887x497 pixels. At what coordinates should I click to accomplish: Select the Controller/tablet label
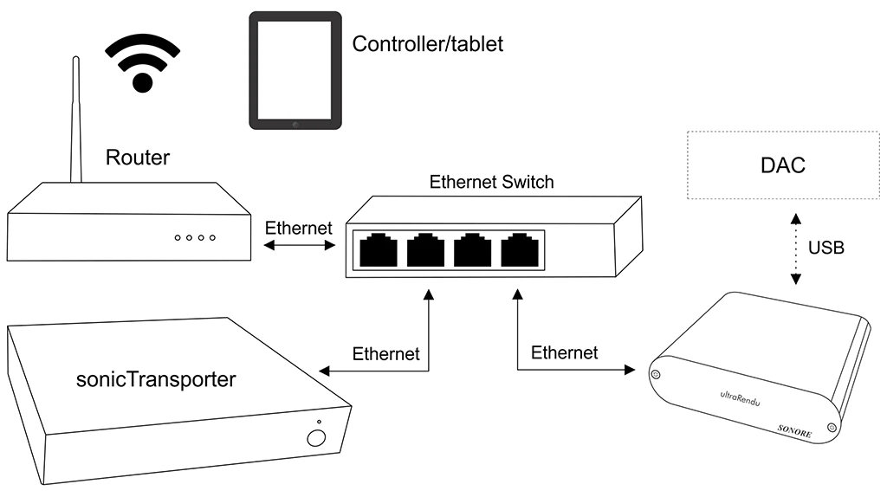click(x=427, y=44)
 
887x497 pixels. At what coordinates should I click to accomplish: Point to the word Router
click(x=138, y=158)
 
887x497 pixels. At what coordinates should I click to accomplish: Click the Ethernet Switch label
click(x=491, y=183)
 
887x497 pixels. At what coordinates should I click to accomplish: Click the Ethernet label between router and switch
click(x=298, y=229)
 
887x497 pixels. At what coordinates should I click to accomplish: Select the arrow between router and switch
click(x=299, y=247)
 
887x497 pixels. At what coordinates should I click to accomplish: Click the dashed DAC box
click(x=785, y=165)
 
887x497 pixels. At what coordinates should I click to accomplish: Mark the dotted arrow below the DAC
click(x=795, y=248)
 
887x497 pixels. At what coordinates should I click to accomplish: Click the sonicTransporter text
click(x=156, y=378)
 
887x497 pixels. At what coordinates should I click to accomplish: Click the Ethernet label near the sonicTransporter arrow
click(x=385, y=353)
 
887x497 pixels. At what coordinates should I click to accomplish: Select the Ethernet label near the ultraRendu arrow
click(x=564, y=352)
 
